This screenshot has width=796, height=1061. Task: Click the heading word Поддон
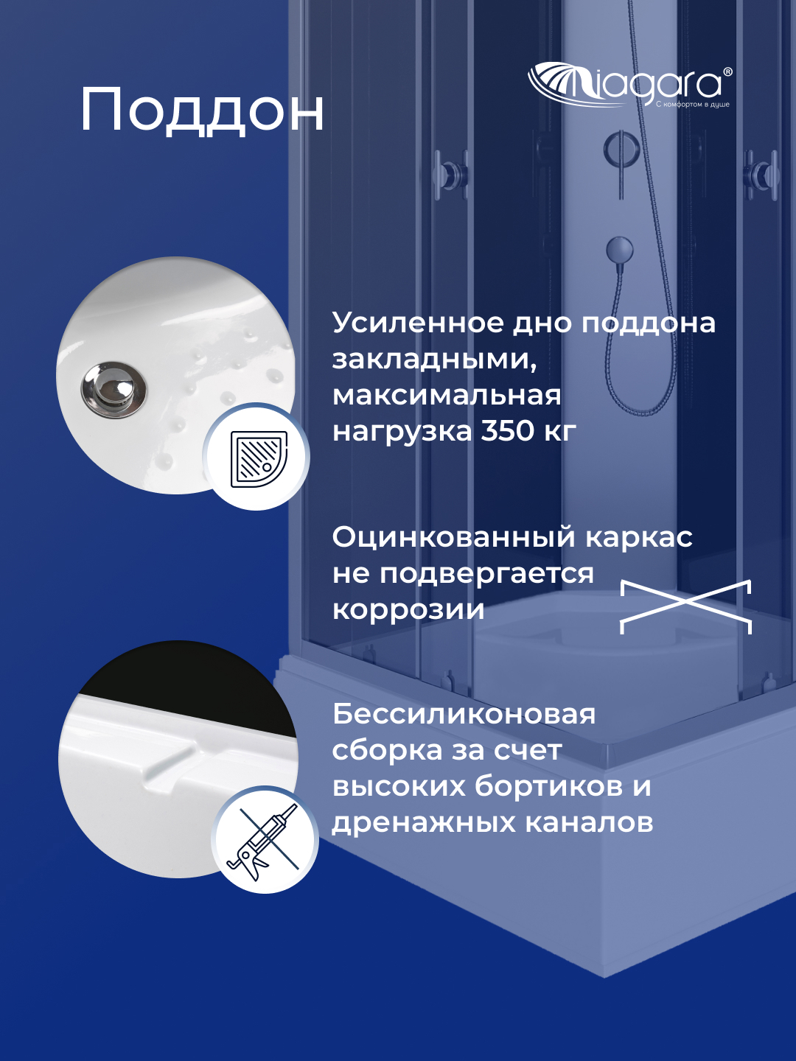point(202,111)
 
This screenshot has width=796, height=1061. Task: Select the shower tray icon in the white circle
point(257,457)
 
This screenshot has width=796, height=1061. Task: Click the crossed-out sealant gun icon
point(265,841)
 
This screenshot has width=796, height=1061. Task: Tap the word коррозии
point(408,609)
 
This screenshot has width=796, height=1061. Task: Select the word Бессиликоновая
point(464,714)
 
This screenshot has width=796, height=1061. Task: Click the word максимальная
point(447,395)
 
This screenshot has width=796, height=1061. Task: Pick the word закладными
point(433,359)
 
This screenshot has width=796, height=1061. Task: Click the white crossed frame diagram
point(685,606)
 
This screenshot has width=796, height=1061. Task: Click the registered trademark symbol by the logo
point(727,72)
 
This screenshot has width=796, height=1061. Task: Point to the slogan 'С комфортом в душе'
point(692,105)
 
